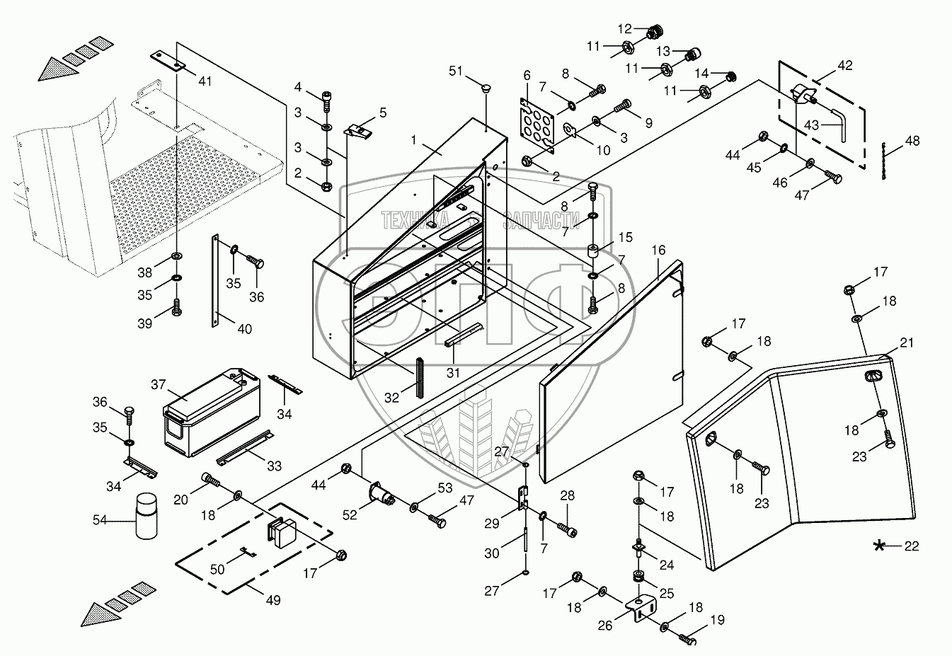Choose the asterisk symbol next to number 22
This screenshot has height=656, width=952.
pyautogui.click(x=879, y=545)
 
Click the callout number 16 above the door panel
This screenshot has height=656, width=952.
pyautogui.click(x=659, y=251)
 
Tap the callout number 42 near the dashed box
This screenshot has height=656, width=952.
pyautogui.click(x=845, y=65)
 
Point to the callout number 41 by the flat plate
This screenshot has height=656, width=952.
pyautogui.click(x=205, y=81)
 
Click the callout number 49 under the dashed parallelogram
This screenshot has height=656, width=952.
pyautogui.click(x=273, y=600)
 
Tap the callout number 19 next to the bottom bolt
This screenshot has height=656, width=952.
pyautogui.click(x=717, y=621)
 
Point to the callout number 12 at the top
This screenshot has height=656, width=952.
pyautogui.click(x=624, y=29)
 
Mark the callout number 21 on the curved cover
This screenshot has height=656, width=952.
pyautogui.click(x=907, y=343)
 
